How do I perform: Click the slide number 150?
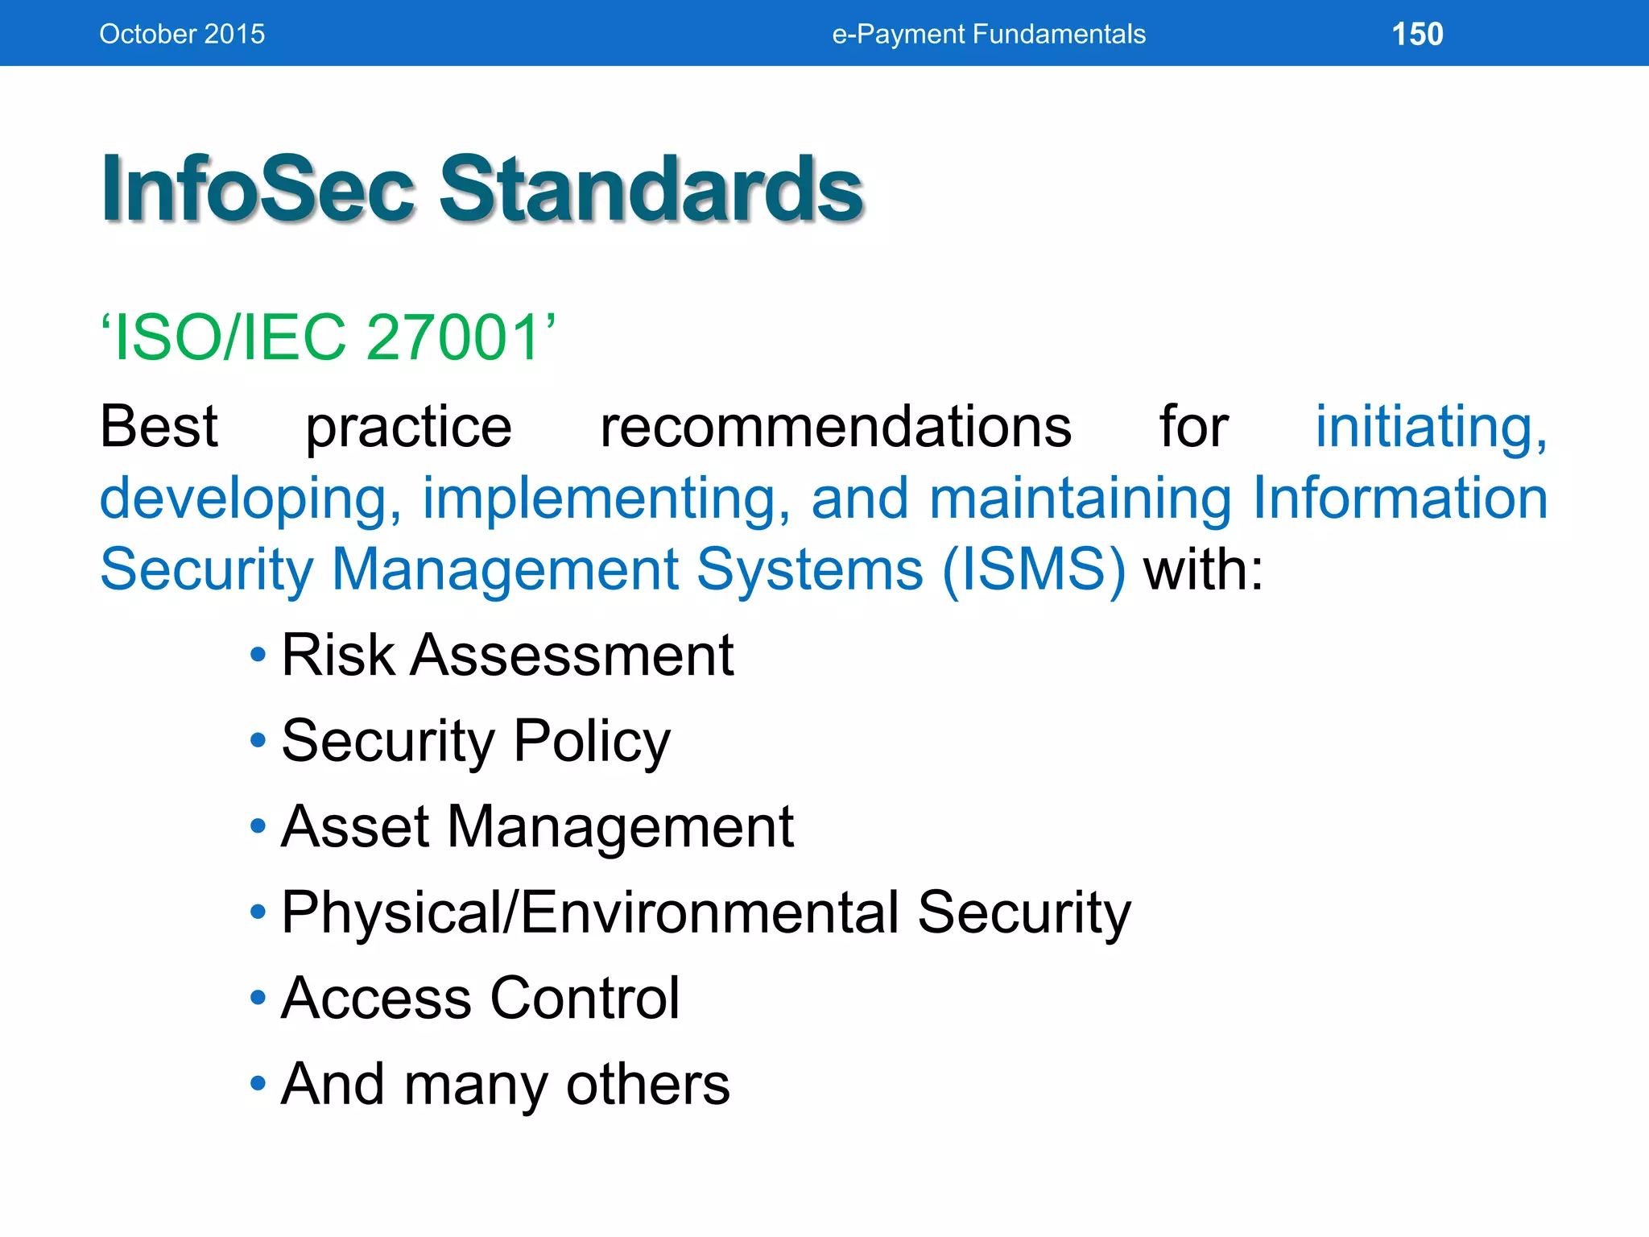point(1417,34)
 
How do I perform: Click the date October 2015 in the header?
point(182,34)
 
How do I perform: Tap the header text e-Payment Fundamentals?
point(989,34)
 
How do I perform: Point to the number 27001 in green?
point(453,337)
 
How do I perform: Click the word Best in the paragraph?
point(159,426)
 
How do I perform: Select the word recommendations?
point(835,426)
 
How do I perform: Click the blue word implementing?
point(605,499)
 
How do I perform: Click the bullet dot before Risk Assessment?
point(258,655)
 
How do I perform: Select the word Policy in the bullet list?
point(592,741)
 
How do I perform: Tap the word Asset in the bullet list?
point(355,826)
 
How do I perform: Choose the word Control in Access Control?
point(585,999)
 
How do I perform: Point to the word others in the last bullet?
point(647,1084)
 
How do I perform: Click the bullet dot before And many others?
point(258,1083)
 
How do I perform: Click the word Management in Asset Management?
point(620,828)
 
